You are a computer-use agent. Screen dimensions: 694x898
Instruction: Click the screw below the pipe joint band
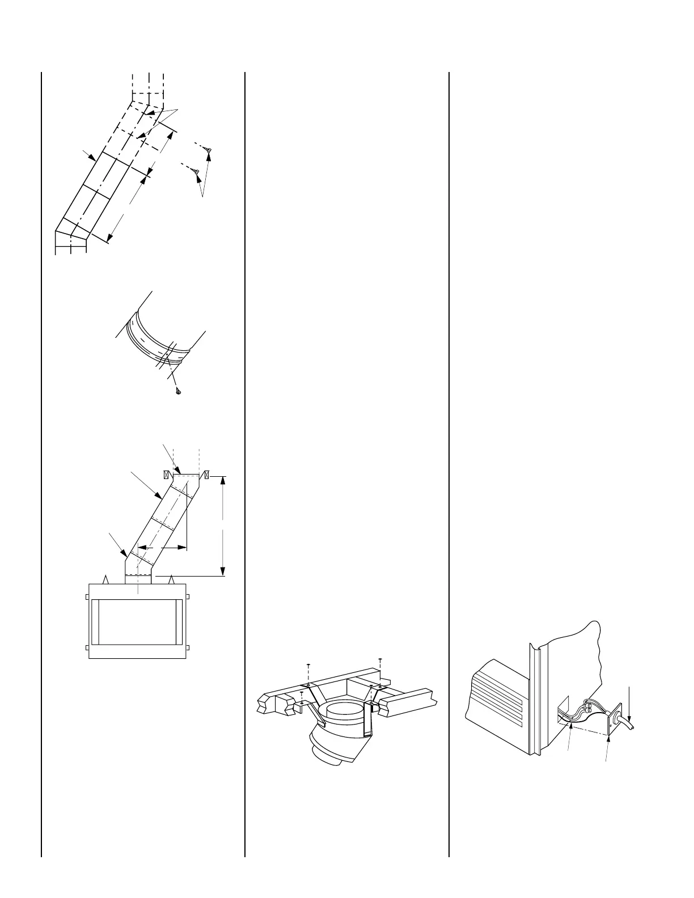click(178, 392)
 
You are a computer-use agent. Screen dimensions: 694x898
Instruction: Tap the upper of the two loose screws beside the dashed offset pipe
click(209, 150)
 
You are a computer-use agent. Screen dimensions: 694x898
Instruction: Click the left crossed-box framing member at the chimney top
click(167, 474)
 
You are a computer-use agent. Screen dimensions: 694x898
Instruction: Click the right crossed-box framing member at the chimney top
click(208, 474)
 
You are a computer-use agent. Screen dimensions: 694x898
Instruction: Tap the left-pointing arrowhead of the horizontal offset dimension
click(142, 548)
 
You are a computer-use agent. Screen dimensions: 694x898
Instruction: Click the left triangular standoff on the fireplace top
click(105, 579)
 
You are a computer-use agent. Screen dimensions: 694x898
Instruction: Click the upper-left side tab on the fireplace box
click(87, 596)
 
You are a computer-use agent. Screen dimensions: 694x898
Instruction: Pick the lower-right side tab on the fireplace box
click(187, 647)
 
